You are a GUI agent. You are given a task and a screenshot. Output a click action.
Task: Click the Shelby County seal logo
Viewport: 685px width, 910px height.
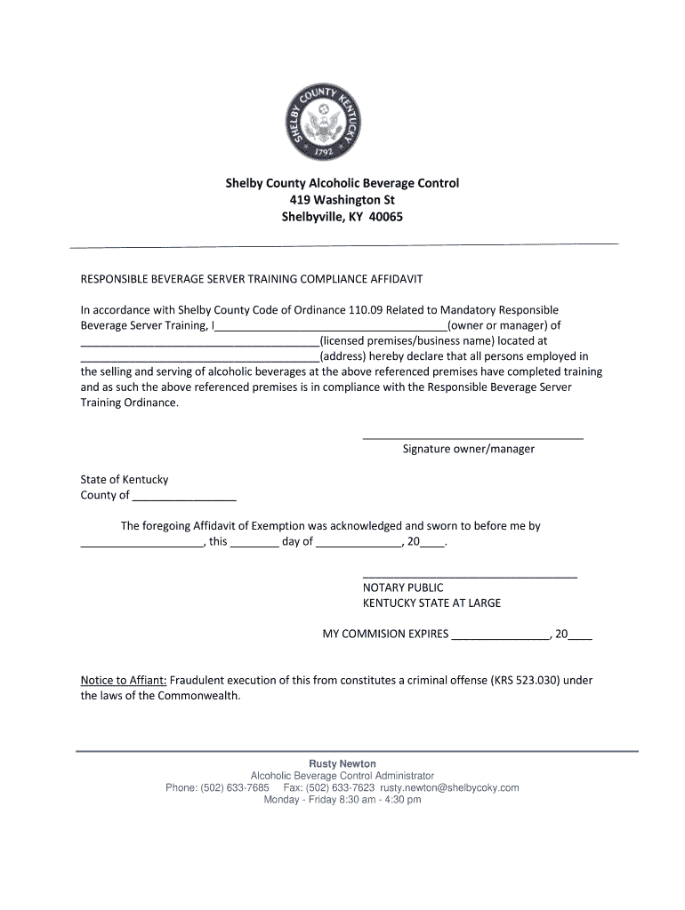[x=342, y=122]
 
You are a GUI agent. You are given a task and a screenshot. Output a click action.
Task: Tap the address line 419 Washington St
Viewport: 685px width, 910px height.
[x=342, y=200]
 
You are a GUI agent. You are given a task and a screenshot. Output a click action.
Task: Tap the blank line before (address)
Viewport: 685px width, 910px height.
[x=200, y=357]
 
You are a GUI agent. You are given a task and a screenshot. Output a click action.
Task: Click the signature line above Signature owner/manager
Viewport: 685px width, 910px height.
[x=472, y=436]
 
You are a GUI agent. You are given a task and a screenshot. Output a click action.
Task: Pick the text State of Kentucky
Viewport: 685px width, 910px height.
[x=125, y=480]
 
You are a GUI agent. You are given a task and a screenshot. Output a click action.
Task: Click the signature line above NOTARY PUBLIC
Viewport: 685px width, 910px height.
[x=470, y=575]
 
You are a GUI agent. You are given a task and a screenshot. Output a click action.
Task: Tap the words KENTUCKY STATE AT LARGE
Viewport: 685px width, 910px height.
[x=431, y=603]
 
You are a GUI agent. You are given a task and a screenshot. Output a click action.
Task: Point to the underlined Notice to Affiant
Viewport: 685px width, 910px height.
[x=124, y=680]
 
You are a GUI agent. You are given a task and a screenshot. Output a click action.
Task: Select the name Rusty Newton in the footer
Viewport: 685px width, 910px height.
[x=342, y=763]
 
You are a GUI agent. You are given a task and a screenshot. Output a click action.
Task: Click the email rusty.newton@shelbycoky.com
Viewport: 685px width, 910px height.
[x=449, y=787]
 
